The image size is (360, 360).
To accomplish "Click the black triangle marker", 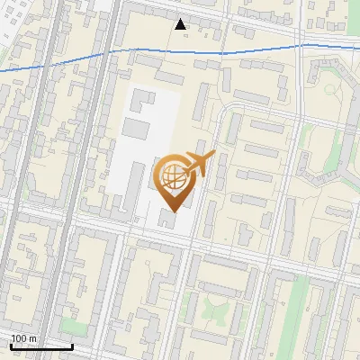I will (x=181, y=23).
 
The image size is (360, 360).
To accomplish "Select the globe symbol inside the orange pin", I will (x=173, y=176).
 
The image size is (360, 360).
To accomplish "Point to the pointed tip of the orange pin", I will (x=173, y=211).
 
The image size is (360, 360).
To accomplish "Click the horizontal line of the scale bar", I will (x=40, y=346).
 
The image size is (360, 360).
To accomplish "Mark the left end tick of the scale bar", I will (x=11, y=345).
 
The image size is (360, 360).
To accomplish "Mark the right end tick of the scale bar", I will (x=72, y=345).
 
